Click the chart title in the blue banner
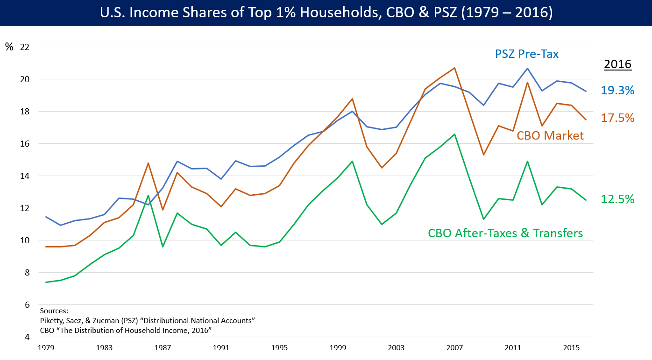326,13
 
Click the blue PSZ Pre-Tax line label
527,54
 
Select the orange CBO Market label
550,135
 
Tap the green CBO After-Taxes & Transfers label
505,233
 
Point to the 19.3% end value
617,90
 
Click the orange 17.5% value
617,118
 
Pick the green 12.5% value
617,199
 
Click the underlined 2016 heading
617,64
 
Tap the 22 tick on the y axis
25,47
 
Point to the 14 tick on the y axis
25,176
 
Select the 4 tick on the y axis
27,337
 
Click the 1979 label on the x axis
46,348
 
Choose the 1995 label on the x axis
279,348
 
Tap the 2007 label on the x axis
454,348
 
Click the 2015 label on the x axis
571,348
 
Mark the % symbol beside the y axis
9,47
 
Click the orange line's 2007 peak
454,68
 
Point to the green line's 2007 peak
454,134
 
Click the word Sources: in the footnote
54,311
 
